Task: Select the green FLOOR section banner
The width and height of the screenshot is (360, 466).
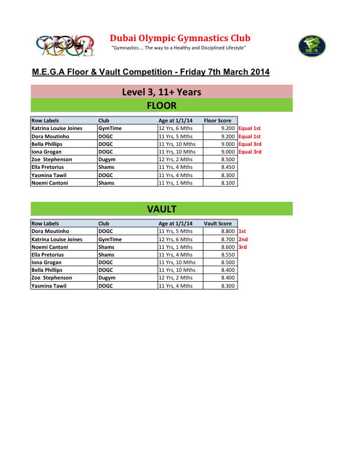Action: tap(162, 106)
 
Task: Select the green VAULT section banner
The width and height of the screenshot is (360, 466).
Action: tap(162, 209)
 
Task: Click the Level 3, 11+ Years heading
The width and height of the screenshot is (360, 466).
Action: tap(162, 92)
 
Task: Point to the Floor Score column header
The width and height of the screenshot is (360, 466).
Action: tap(218, 121)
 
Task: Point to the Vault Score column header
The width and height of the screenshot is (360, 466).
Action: tap(218, 224)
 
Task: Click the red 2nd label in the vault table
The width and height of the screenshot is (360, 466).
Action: tap(243, 239)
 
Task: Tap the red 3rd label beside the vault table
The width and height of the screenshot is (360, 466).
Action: tap(242, 247)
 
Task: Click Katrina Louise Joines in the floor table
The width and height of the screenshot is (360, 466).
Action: tap(56, 128)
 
